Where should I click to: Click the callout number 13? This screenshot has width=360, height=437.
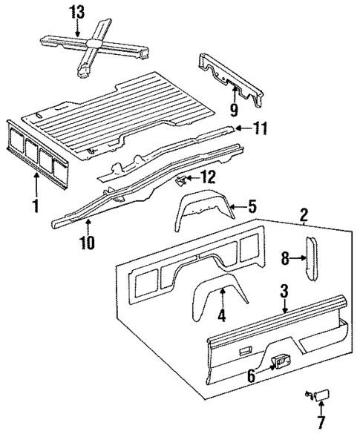coord(77,12)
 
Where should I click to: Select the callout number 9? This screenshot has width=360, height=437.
coord(234,112)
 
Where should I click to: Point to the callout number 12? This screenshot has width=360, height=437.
coord(208,177)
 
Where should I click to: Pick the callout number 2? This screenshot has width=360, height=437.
coord(304,217)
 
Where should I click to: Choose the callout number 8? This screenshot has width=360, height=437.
coord(286,257)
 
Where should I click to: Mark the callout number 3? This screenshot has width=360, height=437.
coord(284,292)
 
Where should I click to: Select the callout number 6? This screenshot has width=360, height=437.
coord(252,377)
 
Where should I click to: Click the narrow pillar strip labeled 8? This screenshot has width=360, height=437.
coord(312,257)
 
